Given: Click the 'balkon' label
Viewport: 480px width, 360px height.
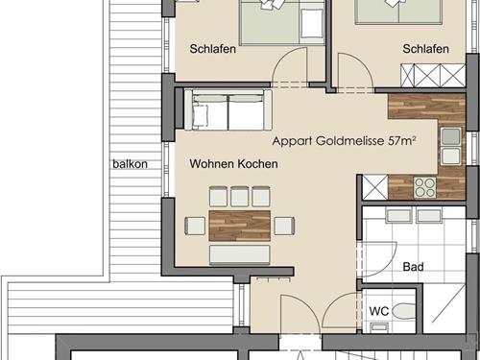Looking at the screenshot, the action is pos(130,164).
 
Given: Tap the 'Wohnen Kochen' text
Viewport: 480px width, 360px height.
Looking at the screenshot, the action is pos(233,163).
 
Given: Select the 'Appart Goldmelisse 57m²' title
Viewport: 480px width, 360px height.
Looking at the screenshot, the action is pos(345,140).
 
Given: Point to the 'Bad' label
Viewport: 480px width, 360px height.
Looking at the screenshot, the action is pos(413,267).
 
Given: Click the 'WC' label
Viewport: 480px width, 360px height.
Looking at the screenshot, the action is pos(379,311).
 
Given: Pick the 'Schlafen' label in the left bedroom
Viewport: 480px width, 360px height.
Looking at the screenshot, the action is pos(213,49).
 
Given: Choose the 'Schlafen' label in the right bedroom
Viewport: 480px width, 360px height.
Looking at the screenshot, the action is pos(425,49).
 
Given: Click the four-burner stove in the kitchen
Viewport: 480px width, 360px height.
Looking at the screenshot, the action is pos(425,187).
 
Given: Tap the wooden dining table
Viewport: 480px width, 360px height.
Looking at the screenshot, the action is pos(240,226).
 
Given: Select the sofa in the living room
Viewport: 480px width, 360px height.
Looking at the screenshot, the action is pos(228,109).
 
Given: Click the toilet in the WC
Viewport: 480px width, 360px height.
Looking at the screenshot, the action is pos(403,311).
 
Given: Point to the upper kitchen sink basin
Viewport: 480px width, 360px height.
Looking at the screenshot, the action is pos(451,136).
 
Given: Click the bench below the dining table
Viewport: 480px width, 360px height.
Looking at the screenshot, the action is pos(240,255).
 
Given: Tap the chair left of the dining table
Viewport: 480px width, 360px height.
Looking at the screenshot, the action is pos(195,226).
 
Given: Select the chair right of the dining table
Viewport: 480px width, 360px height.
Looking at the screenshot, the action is pos(284,226).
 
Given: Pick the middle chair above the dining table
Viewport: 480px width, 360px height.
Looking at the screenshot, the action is pos(240,196).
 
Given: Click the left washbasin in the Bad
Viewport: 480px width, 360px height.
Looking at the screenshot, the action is pos(398,215).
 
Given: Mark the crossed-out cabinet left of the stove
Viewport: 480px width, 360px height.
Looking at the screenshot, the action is pos(375,187).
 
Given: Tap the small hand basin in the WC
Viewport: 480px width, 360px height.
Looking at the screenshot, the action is pos(379,327).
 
